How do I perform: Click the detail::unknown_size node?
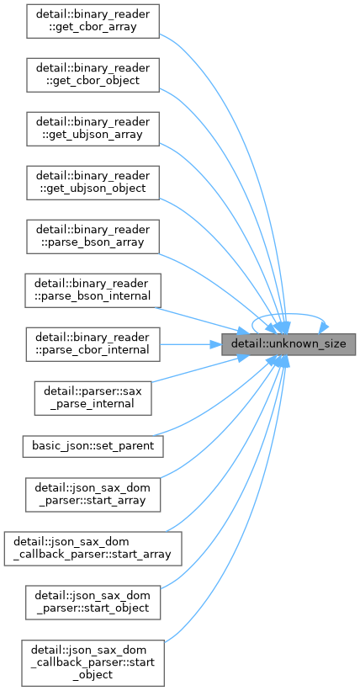[x=289, y=344]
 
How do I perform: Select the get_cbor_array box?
[x=93, y=21]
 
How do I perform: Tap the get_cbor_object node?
[x=93, y=75]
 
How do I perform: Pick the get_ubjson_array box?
[x=93, y=129]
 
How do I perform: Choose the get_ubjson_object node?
[x=93, y=183]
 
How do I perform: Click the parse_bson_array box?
[x=93, y=237]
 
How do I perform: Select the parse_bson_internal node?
[x=93, y=290]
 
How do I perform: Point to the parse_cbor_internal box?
[x=93, y=344]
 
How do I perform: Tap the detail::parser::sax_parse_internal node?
[x=93, y=398]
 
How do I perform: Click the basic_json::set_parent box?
[x=93, y=446]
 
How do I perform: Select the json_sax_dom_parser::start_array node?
[x=93, y=494]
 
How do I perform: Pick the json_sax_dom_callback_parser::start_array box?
[x=93, y=548]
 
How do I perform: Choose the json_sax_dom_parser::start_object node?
[x=93, y=602]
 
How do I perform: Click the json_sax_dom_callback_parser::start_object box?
[x=93, y=662]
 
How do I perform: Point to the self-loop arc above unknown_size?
[x=289, y=314]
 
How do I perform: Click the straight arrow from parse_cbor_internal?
[x=190, y=344]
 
